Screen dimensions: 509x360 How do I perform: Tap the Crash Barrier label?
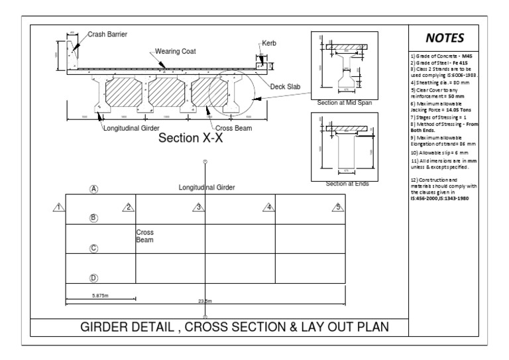point(107,34)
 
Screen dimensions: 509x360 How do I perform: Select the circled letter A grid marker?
point(94,189)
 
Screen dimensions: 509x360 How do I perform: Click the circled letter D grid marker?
point(94,278)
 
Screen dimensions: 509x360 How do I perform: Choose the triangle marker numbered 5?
point(339,207)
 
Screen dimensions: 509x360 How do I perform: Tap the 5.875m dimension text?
point(101,296)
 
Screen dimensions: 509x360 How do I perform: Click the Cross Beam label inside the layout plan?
point(144,237)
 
